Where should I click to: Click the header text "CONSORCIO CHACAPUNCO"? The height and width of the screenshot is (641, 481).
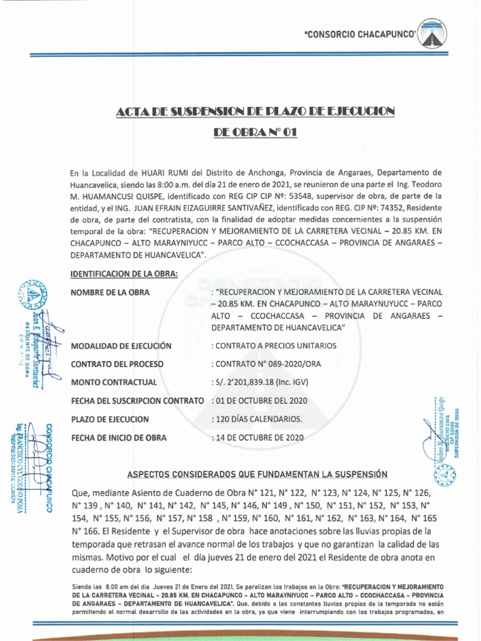[359, 36]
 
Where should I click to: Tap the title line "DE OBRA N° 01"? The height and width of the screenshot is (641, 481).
[255, 132]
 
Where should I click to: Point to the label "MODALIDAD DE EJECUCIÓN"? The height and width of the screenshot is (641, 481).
[122, 346]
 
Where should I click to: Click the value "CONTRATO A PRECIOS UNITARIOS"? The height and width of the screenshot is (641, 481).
[275, 346]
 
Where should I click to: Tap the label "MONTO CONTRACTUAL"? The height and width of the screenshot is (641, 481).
[114, 382]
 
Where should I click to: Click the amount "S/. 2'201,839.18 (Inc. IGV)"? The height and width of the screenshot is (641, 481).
[261, 382]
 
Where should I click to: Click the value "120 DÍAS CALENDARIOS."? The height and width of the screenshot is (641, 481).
[258, 419]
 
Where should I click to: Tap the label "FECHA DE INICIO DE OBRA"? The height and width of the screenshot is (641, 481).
[119, 438]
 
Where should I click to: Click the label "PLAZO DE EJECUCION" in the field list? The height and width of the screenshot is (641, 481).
[110, 419]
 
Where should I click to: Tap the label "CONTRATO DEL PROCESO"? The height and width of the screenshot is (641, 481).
[118, 364]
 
